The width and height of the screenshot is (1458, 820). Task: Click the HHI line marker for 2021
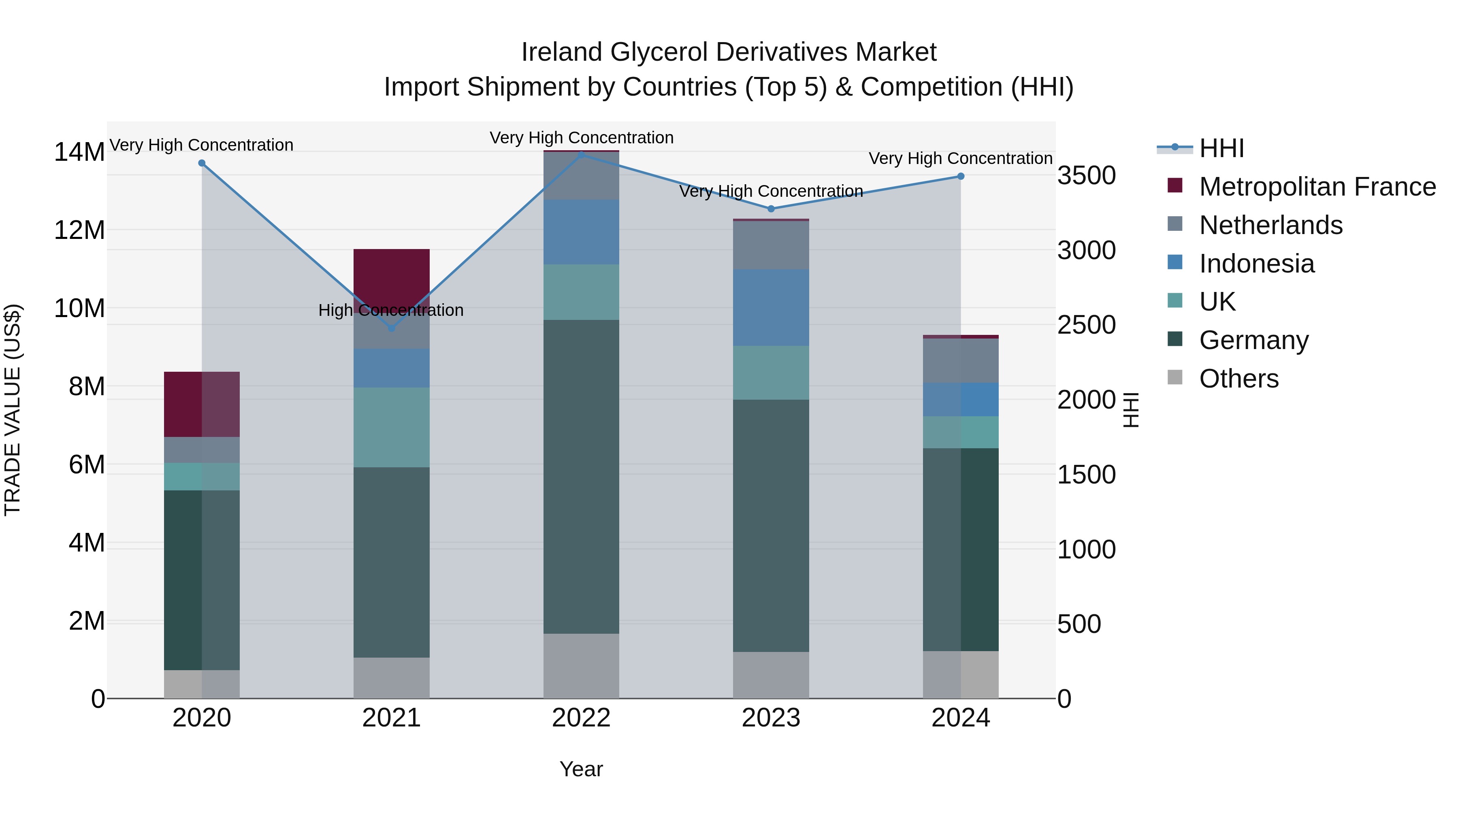tap(391, 328)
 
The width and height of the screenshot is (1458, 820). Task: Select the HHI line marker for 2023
tap(770, 209)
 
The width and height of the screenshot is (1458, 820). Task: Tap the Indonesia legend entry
tap(1256, 264)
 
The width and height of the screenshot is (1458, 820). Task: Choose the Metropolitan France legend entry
tap(1317, 187)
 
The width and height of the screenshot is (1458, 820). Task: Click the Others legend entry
tap(1238, 379)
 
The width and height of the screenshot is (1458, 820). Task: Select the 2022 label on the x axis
tap(581, 718)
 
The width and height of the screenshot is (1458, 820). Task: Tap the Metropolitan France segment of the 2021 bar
tap(391, 275)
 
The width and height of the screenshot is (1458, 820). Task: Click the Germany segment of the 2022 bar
tap(581, 477)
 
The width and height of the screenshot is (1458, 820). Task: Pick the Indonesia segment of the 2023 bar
tap(770, 307)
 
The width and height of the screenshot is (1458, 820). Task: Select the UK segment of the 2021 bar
tap(391, 427)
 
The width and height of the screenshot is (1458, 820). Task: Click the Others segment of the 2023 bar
tap(770, 675)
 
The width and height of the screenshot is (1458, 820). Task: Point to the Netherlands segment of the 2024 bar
tap(961, 360)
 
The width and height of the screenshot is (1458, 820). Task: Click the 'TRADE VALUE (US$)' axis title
tap(13, 410)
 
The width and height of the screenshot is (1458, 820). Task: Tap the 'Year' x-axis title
tap(581, 769)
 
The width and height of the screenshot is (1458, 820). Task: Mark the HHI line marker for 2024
tap(961, 177)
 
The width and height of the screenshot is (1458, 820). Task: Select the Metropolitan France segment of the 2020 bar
tap(202, 404)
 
